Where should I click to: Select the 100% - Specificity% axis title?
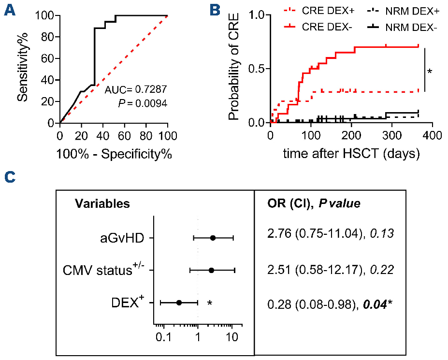114,155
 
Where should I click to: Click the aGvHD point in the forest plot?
213,238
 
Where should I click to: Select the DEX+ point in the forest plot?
179,302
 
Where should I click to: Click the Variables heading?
102,203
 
